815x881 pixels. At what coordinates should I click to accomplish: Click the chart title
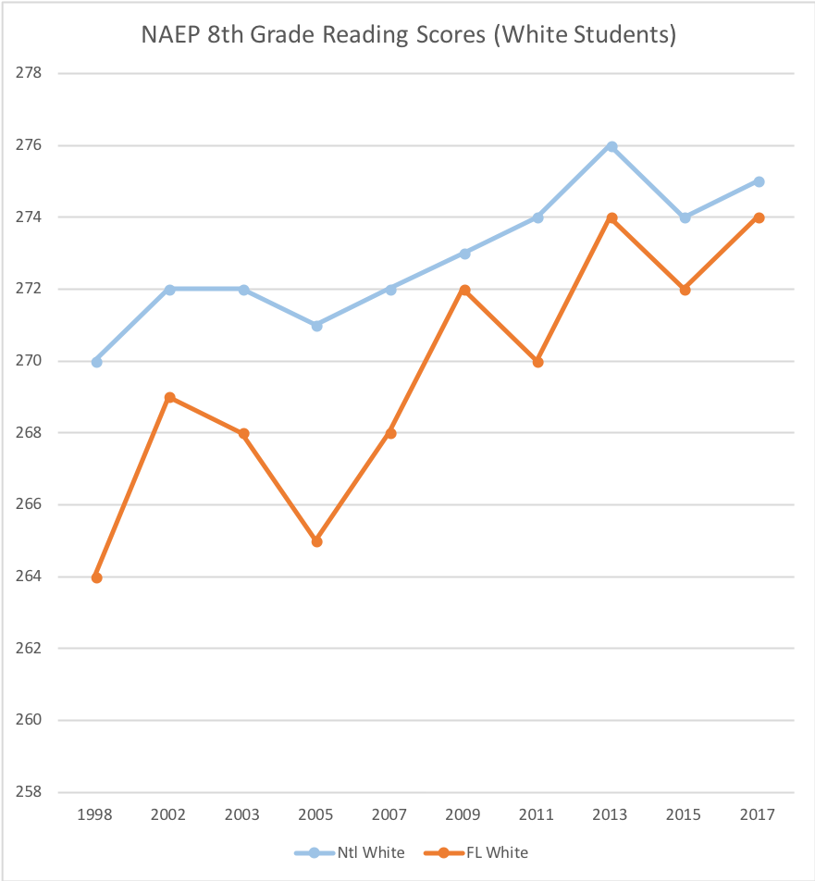coord(408,35)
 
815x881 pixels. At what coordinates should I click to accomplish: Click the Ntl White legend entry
coord(350,852)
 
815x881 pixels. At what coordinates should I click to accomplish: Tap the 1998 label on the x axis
coord(96,814)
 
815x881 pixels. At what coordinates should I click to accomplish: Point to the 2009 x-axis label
coord(464,814)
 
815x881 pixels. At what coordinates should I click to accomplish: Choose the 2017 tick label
coord(759,814)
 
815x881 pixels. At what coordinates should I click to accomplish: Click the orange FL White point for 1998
coord(96,577)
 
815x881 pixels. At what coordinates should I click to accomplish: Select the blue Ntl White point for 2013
coord(611,146)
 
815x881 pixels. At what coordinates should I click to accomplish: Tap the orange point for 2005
coord(317,541)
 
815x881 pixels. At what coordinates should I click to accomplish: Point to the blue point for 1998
coord(96,362)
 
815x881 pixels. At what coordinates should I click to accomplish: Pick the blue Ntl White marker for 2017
coord(759,181)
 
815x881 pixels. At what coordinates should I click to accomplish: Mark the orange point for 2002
coord(170,397)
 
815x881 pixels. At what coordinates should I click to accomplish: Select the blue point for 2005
coord(317,326)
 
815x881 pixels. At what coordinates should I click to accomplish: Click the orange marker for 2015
coord(685,290)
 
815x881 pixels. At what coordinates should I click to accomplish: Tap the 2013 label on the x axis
coord(611,814)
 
